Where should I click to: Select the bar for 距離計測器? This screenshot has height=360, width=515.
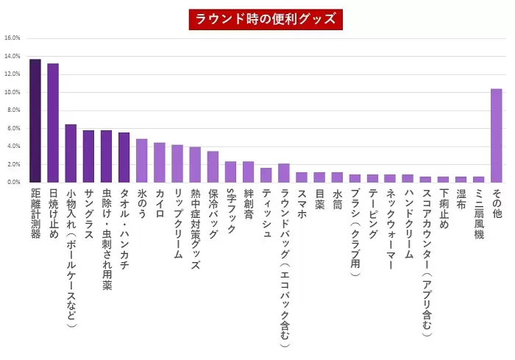point(35,121)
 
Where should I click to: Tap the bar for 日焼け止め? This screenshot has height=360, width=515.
point(53,123)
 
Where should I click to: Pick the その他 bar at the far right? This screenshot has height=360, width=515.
point(497,135)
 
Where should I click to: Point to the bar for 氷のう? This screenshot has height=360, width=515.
point(142,160)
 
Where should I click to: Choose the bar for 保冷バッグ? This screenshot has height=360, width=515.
point(213,166)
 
